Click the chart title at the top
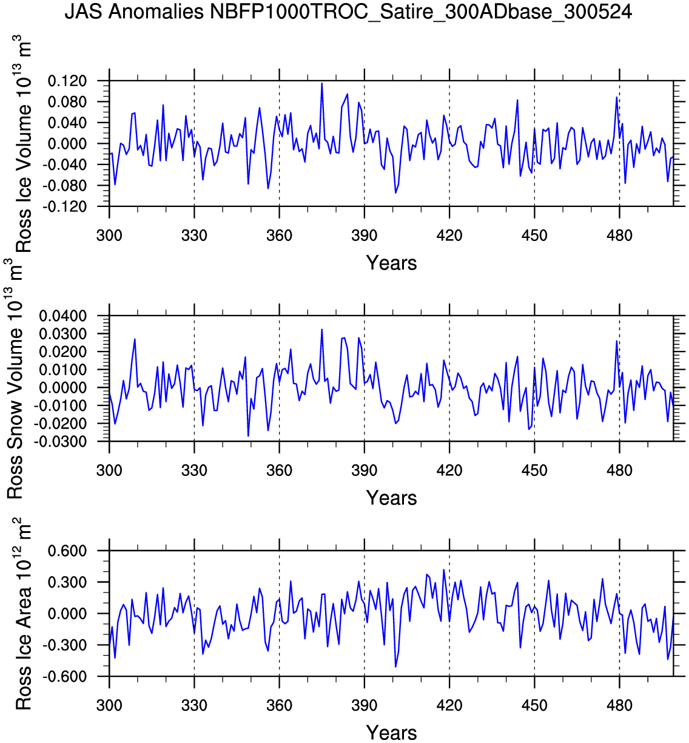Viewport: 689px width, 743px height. [x=348, y=12]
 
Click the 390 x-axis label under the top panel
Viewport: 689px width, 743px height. [x=364, y=236]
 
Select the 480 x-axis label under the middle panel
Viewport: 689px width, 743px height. [x=619, y=470]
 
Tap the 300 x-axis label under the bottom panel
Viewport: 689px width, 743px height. [x=109, y=705]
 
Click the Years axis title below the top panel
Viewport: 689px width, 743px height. [x=391, y=263]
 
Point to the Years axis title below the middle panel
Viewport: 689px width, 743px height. [x=391, y=498]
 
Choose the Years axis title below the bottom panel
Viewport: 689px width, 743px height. [x=391, y=733]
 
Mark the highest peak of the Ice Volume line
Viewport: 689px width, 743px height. [x=321, y=83]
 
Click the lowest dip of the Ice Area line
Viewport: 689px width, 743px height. [x=395, y=667]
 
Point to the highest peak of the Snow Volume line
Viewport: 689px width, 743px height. [x=321, y=330]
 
